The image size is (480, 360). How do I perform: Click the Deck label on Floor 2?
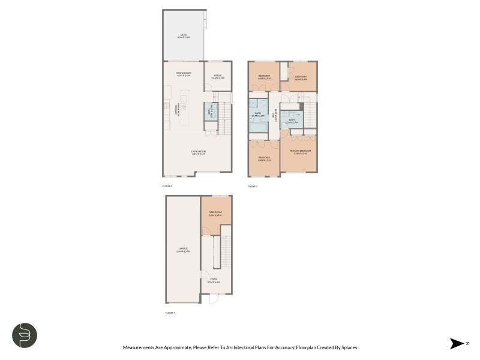coord(184,36)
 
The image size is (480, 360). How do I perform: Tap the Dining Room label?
coord(183,74)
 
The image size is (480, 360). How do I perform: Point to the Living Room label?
coord(199,152)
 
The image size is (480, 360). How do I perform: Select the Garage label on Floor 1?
coord(183,250)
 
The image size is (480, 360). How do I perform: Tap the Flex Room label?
coord(215,214)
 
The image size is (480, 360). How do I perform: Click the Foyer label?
coord(214,280)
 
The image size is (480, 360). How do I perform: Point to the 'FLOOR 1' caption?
coord(170,313)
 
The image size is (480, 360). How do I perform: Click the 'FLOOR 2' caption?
coord(167,186)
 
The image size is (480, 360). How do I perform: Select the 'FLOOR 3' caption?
coord(253,186)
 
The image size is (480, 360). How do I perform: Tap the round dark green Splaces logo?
coord(25,335)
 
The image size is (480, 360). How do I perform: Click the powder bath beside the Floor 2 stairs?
coord(209,112)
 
